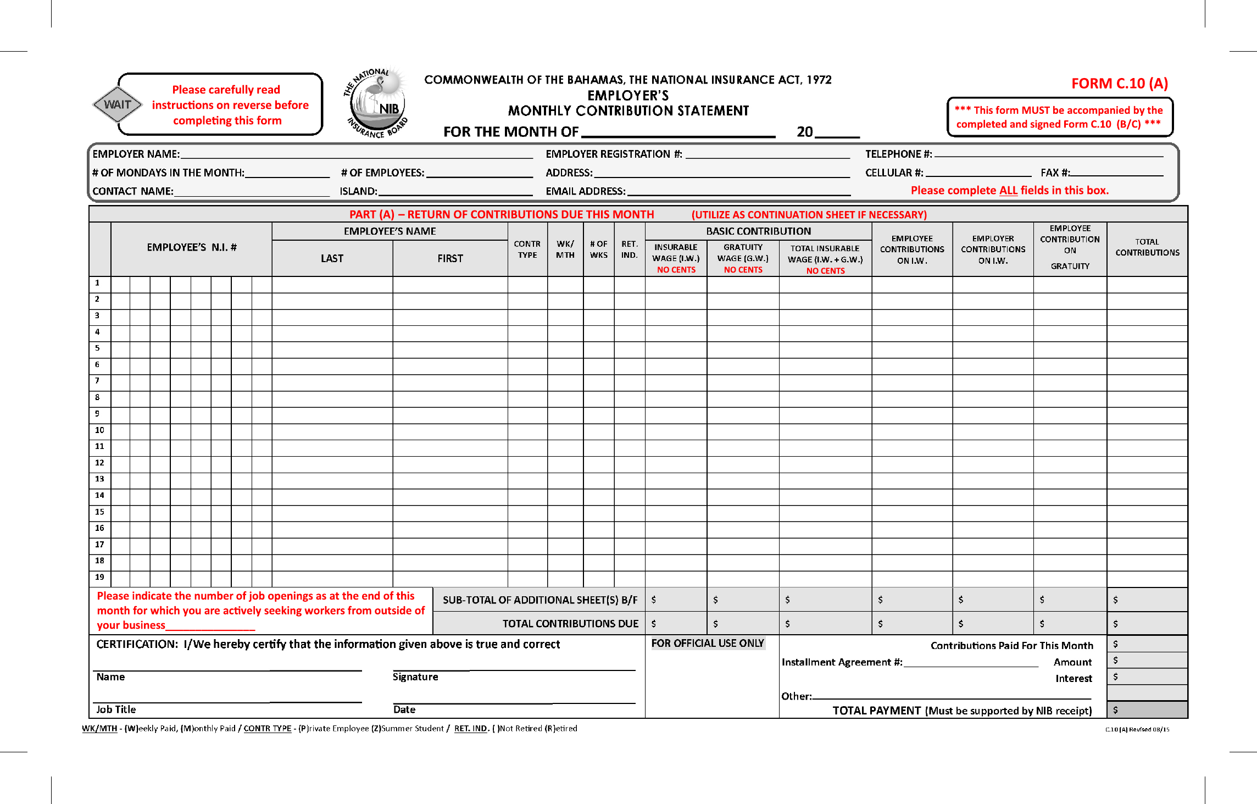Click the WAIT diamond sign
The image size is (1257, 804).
click(117, 104)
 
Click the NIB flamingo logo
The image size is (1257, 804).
click(377, 103)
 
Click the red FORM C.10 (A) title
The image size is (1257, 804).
click(1119, 84)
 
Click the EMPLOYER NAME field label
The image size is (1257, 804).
click(136, 154)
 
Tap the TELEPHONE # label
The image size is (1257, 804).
click(898, 154)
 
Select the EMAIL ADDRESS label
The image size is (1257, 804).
click(585, 191)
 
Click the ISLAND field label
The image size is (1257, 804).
click(358, 191)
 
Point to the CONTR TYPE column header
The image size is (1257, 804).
click(527, 249)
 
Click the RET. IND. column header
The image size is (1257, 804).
click(629, 249)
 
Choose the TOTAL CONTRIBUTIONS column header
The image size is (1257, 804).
click(1147, 247)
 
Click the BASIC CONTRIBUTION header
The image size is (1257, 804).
click(758, 231)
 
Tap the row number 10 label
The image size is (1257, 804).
click(99, 430)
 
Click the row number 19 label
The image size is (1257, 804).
click(99, 577)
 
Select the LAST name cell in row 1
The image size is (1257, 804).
click(332, 284)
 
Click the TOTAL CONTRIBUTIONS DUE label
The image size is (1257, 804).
click(570, 624)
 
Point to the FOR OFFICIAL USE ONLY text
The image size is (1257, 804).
click(707, 644)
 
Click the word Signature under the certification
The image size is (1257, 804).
click(415, 677)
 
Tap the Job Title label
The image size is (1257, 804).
click(116, 709)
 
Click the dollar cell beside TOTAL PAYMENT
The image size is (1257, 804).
click(1147, 710)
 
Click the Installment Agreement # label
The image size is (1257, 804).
click(842, 662)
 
